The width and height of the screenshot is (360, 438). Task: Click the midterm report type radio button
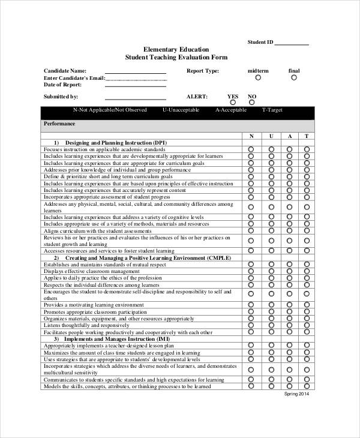258,77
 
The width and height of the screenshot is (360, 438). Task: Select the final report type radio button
293,77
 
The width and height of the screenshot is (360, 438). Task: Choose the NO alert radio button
252,103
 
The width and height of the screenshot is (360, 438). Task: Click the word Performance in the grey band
60,124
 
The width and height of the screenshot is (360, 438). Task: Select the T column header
307,136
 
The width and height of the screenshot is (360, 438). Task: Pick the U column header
271,136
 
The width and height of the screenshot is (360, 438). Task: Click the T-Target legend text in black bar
272,110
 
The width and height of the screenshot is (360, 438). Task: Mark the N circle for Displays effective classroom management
251,271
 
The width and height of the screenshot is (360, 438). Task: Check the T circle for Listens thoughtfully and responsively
307,325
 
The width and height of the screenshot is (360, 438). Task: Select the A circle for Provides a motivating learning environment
289,305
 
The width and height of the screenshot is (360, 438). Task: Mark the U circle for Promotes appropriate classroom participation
271,312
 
